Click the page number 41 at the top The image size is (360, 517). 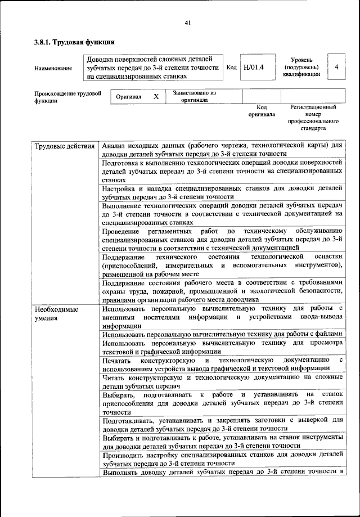tap(188, 23)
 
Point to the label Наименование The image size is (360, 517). tap(53, 68)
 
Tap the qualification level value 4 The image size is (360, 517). tap(336, 67)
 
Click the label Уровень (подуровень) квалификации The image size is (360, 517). tap(305, 66)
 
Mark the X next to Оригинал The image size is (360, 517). tap(156, 97)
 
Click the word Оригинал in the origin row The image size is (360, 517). tap(128, 97)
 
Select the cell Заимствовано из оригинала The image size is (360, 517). tap(194, 97)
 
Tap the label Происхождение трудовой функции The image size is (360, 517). tap(67, 97)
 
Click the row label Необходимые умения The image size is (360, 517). tap(56, 314)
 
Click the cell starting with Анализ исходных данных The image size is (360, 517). tap(222, 149)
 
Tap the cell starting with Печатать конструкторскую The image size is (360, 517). tap(222, 364)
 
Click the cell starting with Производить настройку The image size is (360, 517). tap(222, 458)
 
